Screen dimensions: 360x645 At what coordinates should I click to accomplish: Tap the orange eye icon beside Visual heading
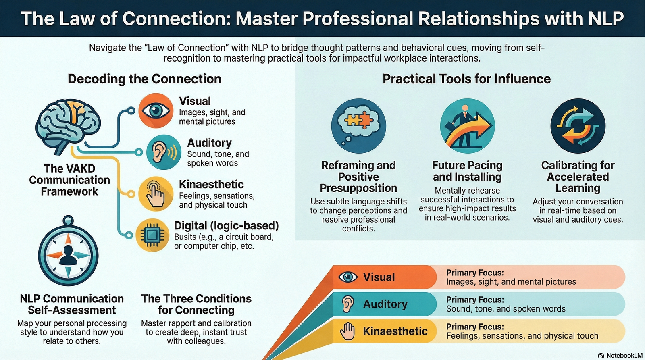(156, 110)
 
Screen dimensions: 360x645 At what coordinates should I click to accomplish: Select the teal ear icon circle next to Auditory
(164, 152)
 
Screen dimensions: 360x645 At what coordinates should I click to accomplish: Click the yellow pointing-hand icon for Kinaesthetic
(156, 194)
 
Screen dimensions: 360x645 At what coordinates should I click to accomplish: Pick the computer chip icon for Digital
(152, 235)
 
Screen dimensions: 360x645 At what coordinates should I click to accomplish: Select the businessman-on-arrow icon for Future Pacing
(467, 126)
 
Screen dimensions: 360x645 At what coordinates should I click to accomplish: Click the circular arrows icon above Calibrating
(578, 126)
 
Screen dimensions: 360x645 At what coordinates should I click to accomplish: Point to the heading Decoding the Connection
(144, 79)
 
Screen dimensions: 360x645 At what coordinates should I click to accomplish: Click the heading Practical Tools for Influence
(466, 79)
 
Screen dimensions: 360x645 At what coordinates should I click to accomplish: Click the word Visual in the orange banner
(379, 277)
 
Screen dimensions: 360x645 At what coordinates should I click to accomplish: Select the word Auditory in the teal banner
(385, 304)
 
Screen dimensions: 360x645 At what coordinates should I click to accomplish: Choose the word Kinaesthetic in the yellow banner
(395, 331)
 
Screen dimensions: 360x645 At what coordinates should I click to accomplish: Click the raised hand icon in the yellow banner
(347, 331)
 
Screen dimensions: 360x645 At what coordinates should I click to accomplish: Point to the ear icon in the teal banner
(348, 304)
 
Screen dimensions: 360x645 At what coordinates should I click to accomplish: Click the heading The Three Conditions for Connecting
(196, 304)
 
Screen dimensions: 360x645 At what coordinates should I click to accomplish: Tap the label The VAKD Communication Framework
(69, 180)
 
